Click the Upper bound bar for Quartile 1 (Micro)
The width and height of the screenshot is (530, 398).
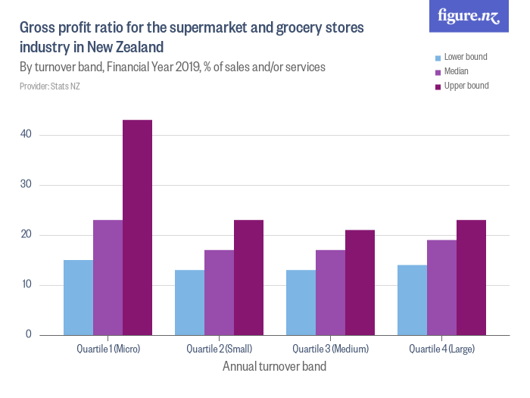(x=137, y=227)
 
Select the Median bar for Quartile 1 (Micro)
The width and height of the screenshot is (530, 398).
(x=108, y=277)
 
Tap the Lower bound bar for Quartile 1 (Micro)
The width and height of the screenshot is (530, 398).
(x=78, y=297)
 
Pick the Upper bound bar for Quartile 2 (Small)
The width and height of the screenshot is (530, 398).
(x=248, y=277)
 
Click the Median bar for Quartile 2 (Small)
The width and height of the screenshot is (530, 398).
(x=219, y=293)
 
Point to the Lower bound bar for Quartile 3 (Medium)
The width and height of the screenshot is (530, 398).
(x=301, y=302)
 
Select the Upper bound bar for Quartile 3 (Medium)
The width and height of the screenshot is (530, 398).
(x=360, y=282)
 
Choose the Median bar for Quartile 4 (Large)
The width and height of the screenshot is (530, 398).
(x=441, y=287)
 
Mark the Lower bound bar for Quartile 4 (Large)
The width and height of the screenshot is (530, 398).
(x=412, y=299)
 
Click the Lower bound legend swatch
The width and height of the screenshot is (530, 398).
(x=437, y=58)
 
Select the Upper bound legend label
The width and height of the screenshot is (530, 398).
(x=466, y=86)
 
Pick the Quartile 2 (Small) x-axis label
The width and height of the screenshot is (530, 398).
(x=219, y=349)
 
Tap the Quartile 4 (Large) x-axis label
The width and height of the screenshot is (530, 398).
(x=441, y=349)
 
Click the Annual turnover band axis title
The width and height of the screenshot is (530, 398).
(x=275, y=366)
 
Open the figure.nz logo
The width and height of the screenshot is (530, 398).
(x=469, y=16)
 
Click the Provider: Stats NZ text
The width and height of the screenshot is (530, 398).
(x=50, y=86)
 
